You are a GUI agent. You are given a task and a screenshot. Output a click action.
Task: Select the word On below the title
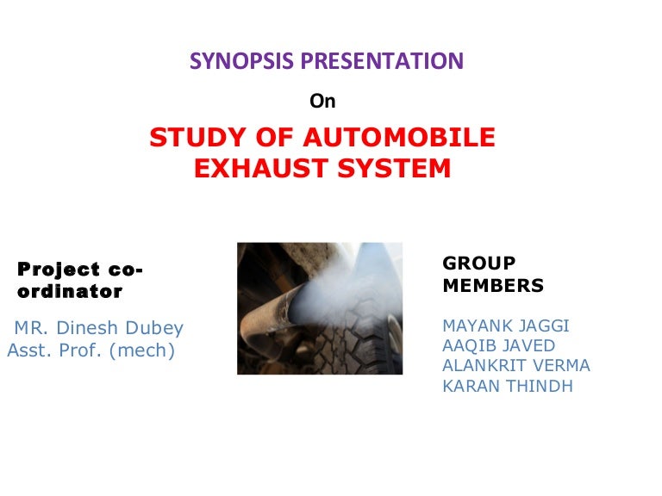[322, 102]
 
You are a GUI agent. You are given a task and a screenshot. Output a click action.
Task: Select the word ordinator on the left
[70, 292]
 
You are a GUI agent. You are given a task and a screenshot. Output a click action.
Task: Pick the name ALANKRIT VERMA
[515, 366]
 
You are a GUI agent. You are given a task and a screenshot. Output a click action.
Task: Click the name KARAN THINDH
[507, 386]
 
